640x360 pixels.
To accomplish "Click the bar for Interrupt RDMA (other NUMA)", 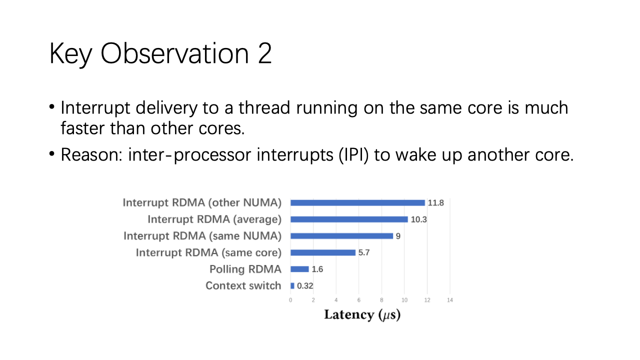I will tap(357, 203).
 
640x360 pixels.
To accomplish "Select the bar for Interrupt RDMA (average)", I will tap(349, 219).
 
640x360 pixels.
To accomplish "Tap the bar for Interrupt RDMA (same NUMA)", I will tap(341, 236).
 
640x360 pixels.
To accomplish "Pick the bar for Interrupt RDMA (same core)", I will tap(323, 252).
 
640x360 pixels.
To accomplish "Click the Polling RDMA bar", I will tap(299, 269).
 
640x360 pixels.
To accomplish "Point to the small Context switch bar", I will tap(292, 285).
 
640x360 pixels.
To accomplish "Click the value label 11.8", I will tap(435, 203).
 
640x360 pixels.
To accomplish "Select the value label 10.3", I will tap(418, 219).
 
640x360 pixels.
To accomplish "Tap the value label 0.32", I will tap(305, 286).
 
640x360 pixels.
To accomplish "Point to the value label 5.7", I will tap(364, 252).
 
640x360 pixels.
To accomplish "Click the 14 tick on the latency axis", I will tap(449, 300).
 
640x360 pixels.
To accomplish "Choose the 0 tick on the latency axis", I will tap(290, 300).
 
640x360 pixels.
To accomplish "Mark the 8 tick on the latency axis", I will tap(381, 300).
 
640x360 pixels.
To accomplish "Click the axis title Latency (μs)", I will tap(362, 315).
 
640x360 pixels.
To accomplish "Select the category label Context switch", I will tap(243, 285).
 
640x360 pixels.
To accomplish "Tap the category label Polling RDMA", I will tap(245, 269).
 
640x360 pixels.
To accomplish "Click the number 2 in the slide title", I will tap(264, 53).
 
